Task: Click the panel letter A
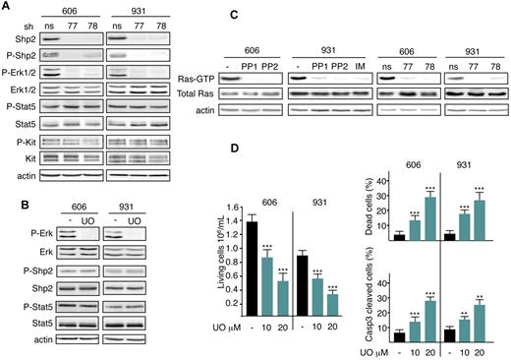click(7, 7)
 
